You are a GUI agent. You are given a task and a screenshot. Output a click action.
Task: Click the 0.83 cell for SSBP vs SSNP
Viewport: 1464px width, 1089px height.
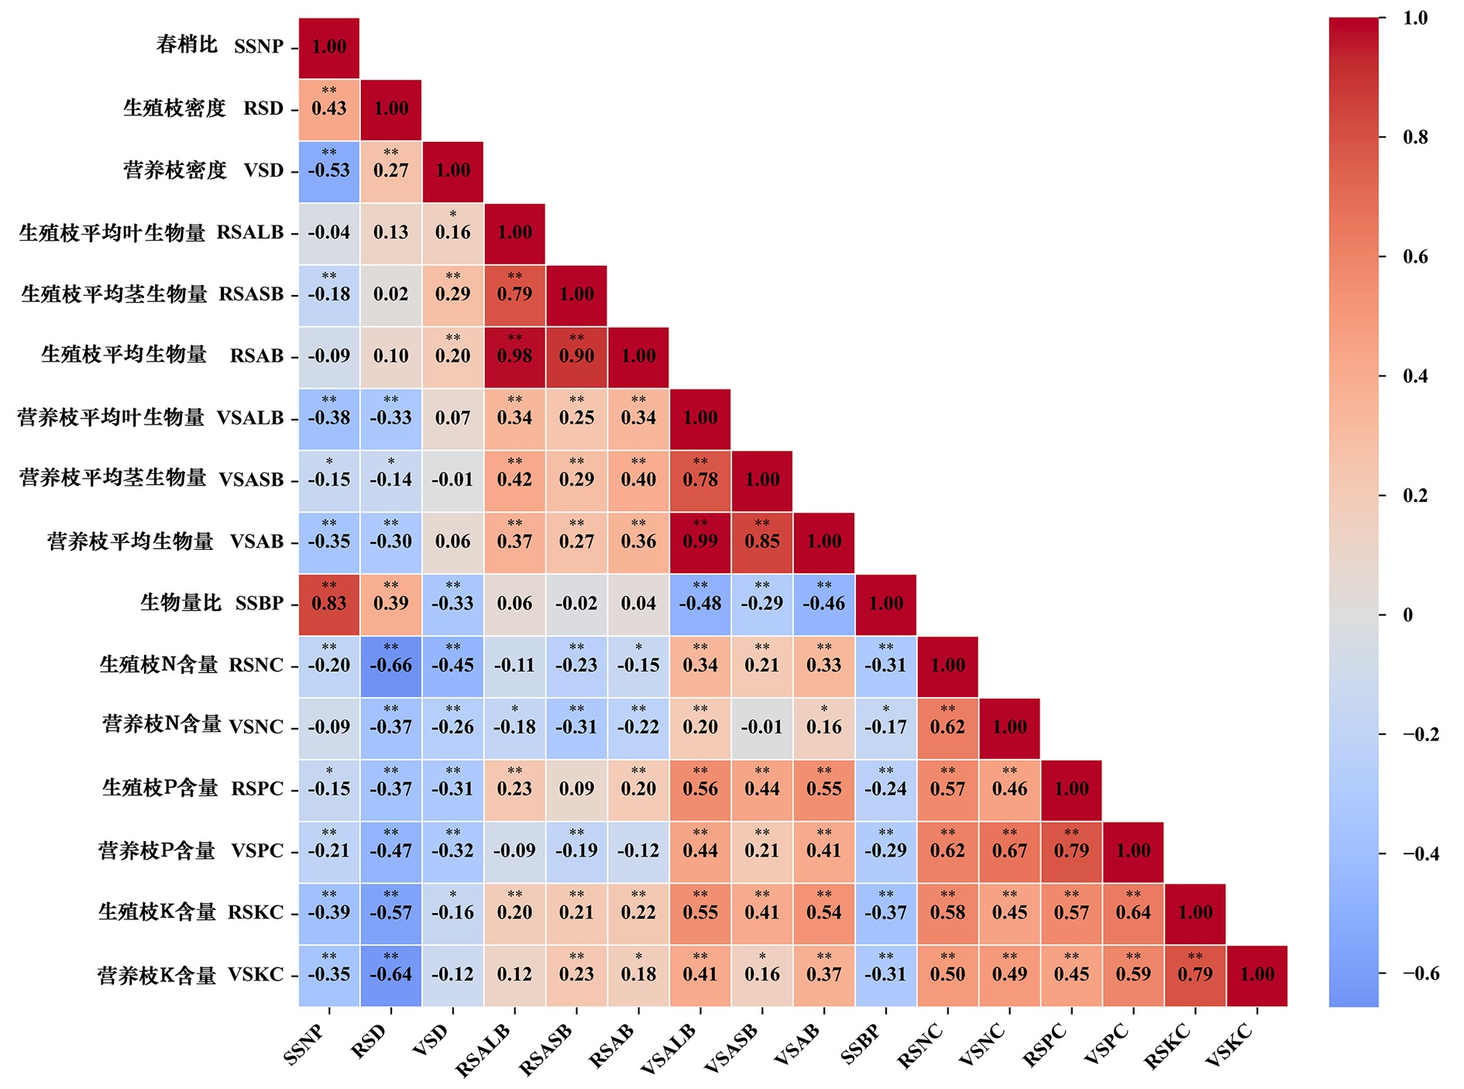point(329,603)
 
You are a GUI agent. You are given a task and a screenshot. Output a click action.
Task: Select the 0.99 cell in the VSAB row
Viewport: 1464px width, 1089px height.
point(700,541)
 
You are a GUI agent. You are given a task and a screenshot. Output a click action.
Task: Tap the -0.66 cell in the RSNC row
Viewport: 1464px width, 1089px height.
point(391,665)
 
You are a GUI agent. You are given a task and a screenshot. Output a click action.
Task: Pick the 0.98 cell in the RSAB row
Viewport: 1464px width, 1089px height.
point(514,356)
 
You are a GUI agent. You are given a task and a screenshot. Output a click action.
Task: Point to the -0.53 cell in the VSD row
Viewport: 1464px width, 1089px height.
point(329,170)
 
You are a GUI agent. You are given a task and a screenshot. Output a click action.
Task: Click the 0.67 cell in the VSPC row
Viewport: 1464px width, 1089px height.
point(1009,850)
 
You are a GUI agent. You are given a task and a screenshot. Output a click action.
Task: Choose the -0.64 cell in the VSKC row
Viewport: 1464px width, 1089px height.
point(391,974)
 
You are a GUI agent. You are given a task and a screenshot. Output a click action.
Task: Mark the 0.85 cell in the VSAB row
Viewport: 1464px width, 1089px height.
point(762,541)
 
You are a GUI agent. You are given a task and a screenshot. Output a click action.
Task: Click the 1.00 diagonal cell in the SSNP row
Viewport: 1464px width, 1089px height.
point(329,46)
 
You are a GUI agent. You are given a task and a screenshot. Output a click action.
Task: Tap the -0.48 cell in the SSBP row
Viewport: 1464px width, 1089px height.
point(700,603)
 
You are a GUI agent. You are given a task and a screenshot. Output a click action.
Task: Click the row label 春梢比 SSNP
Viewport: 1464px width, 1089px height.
point(220,46)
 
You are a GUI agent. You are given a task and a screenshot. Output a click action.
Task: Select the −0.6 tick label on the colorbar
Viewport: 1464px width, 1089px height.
point(1421,974)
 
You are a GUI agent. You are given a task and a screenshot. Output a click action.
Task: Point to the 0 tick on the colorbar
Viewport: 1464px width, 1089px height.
point(1407,615)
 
